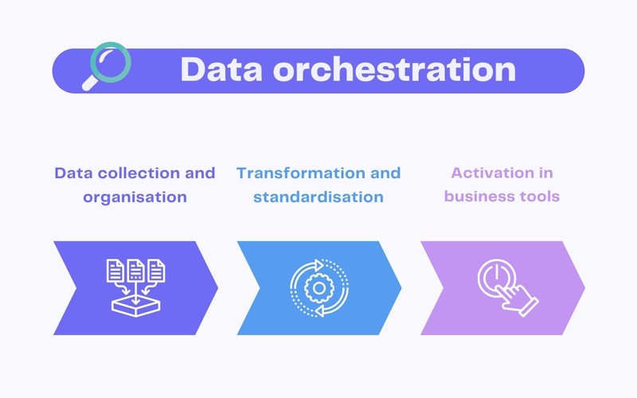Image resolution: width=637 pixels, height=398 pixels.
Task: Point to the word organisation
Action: (135, 196)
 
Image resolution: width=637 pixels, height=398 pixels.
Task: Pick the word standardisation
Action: (318, 196)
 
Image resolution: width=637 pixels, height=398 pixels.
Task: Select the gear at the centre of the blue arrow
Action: (318, 287)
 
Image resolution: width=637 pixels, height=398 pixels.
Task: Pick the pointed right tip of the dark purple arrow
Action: (217, 287)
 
